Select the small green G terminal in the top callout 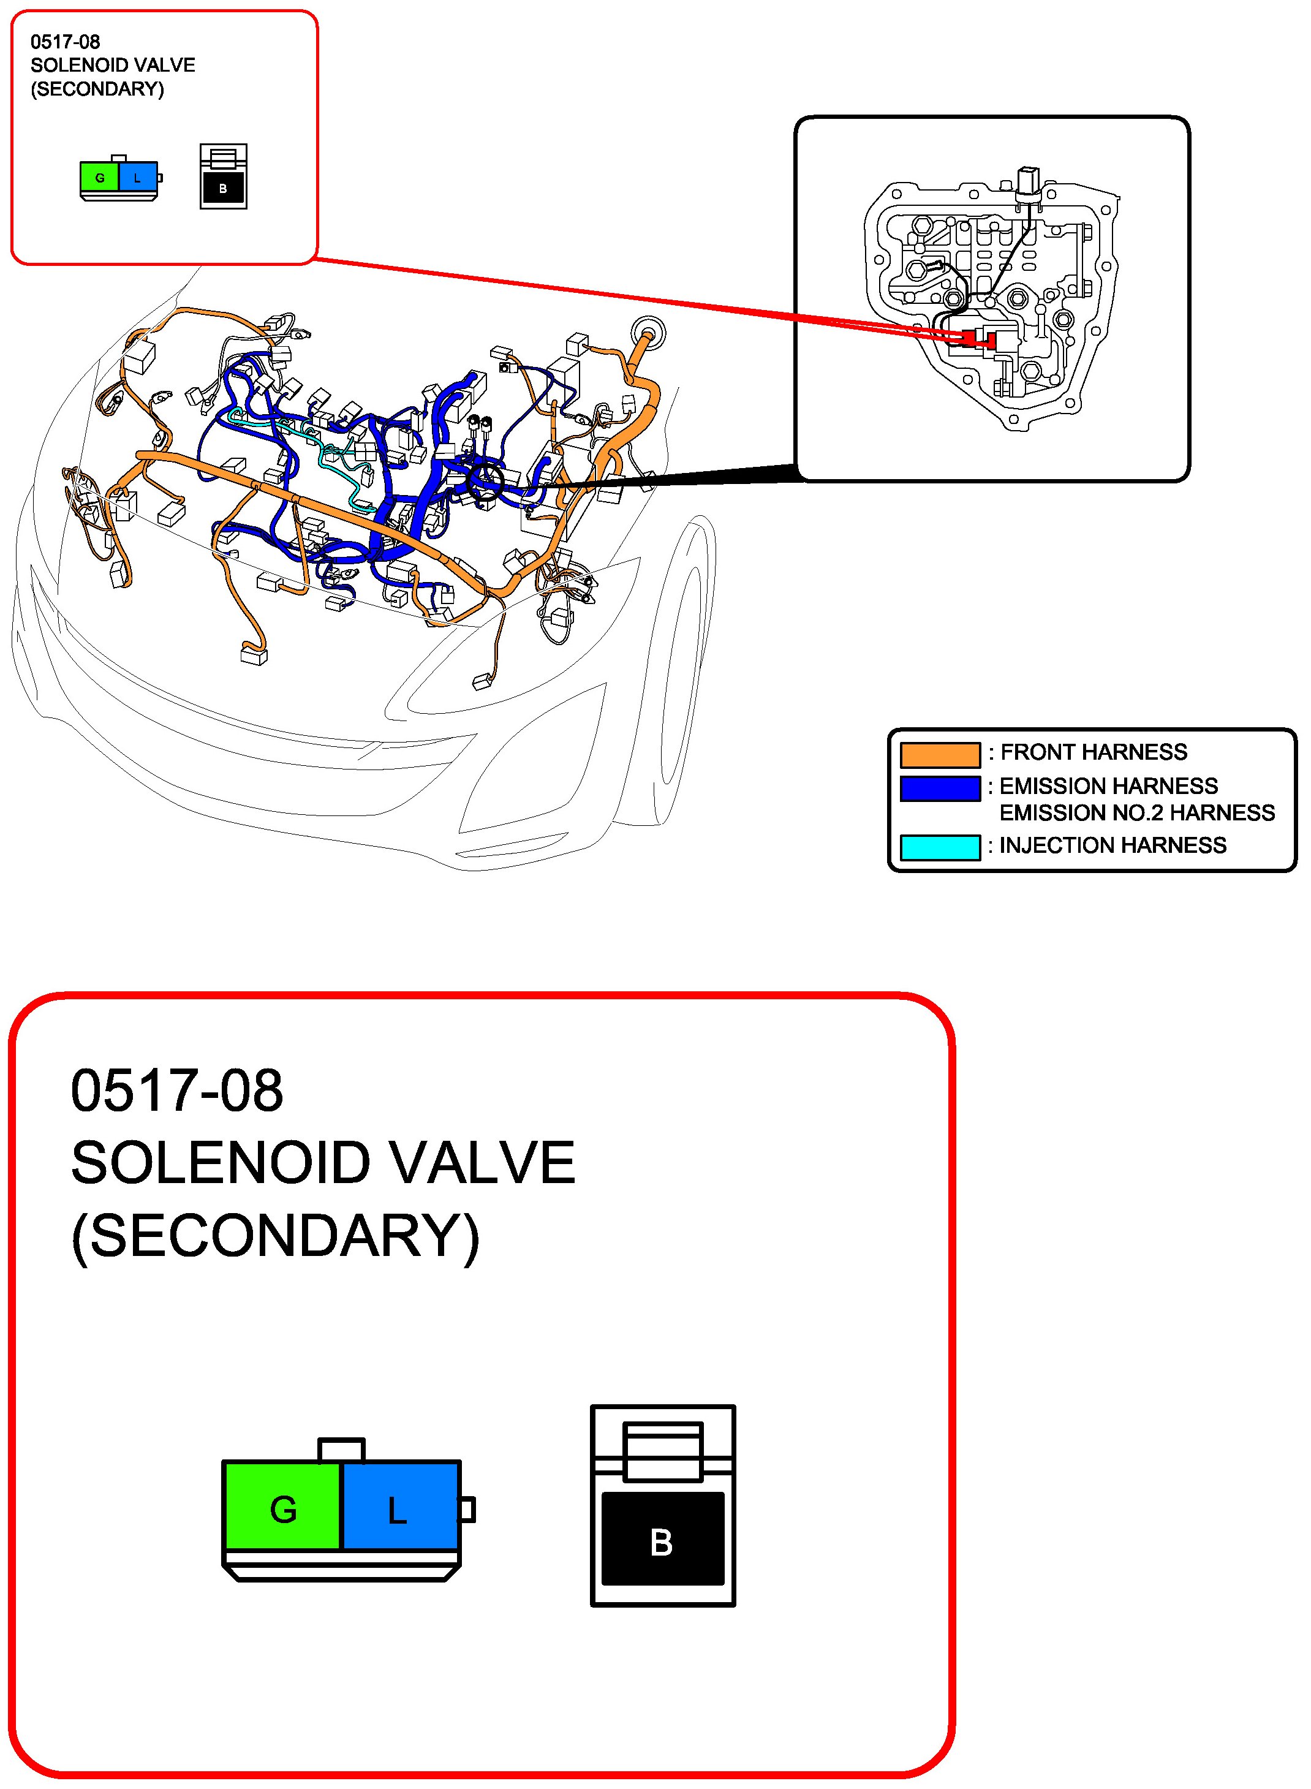(x=99, y=178)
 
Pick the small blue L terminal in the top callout (x=138, y=178)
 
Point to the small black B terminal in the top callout (x=223, y=189)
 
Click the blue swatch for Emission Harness (x=940, y=788)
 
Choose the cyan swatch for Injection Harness (x=940, y=847)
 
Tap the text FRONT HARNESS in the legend (x=1093, y=752)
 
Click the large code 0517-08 (x=177, y=1091)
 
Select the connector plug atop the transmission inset (x=1029, y=180)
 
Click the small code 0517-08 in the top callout (x=65, y=42)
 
